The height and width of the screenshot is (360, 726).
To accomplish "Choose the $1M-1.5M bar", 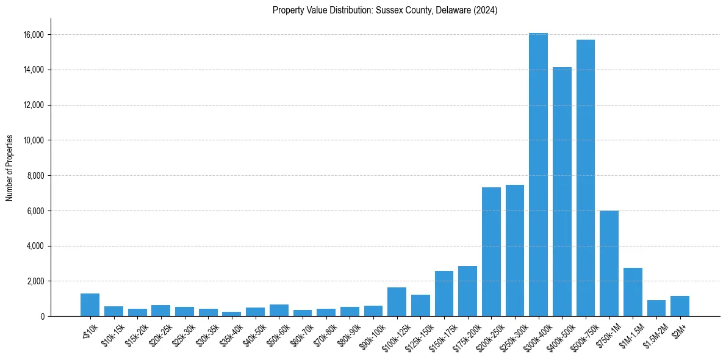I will [633, 292].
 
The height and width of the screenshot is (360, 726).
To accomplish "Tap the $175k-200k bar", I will [467, 291].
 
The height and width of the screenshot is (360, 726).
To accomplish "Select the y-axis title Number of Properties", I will [10, 168].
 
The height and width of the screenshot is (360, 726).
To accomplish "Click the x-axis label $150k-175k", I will [440, 334].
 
